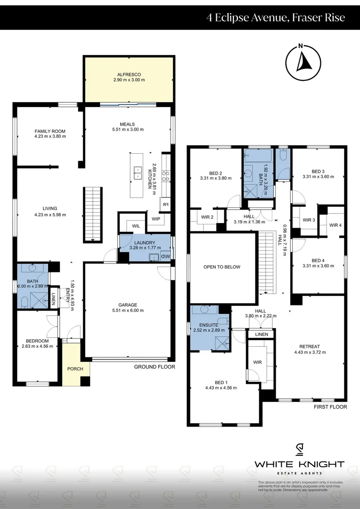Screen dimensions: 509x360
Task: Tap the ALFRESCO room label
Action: click(129, 74)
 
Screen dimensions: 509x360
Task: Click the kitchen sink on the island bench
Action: click(138, 173)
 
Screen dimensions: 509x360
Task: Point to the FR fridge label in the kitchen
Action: click(165, 204)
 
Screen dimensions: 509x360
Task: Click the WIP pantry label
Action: click(155, 219)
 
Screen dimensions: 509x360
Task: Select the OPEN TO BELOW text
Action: click(222, 267)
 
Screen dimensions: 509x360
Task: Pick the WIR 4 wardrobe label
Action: click(335, 225)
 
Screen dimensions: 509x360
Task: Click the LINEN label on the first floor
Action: click(262, 334)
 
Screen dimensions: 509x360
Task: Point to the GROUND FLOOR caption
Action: click(154, 367)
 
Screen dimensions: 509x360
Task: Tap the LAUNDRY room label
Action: click(145, 243)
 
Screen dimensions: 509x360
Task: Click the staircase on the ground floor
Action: click(93, 214)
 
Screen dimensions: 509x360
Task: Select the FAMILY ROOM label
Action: click(50, 131)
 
